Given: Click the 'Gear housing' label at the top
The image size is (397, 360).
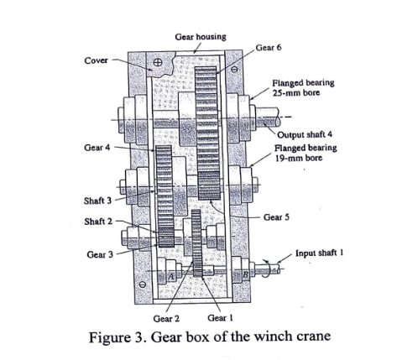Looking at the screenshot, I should [x=200, y=38].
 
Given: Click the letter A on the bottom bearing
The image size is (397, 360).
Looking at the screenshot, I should [x=171, y=274].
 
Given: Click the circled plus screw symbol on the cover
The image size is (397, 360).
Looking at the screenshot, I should [x=157, y=63].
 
